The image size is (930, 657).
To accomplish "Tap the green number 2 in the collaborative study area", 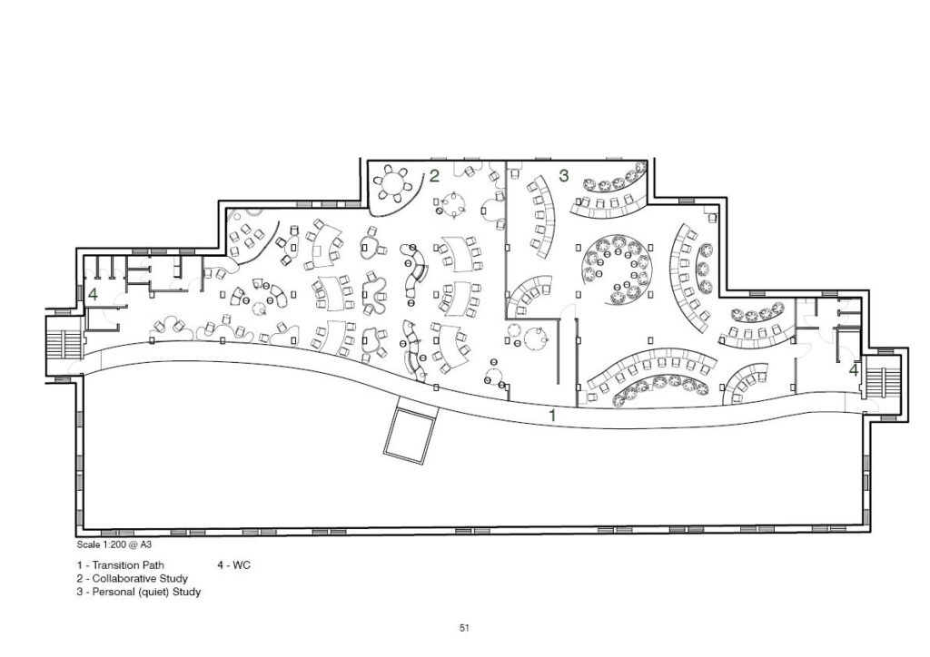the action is (x=435, y=176).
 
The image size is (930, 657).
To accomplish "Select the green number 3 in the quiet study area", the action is (x=563, y=175).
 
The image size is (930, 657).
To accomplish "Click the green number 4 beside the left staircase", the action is (x=93, y=294).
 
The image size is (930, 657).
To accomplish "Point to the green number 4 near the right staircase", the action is (x=854, y=370).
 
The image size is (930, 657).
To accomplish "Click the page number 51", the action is (x=464, y=628).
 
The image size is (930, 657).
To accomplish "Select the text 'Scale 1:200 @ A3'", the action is (x=110, y=544).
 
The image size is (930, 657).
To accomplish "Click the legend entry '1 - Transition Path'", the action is (x=121, y=565).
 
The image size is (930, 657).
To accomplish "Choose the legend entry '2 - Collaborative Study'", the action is (x=133, y=578).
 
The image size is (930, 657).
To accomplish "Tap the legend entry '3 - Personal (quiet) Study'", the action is (x=139, y=592).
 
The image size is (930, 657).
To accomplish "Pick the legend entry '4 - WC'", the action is (x=233, y=565).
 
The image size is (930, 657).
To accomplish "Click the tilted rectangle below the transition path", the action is (x=411, y=429).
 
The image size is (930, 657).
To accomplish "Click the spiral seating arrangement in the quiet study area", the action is (x=618, y=270).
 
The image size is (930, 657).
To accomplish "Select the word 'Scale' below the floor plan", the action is (x=88, y=544).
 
